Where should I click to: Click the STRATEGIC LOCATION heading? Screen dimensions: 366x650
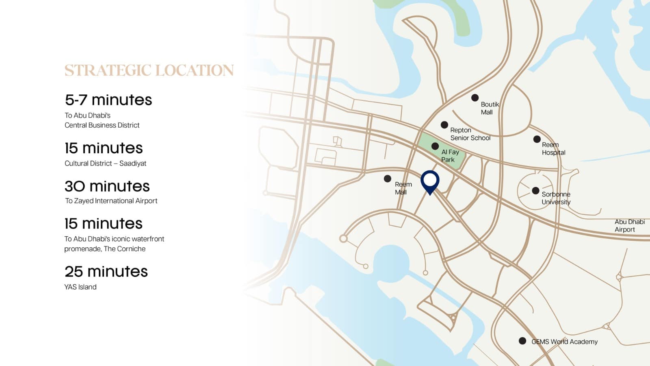[x=149, y=70]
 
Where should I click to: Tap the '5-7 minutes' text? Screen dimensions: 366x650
[x=108, y=100]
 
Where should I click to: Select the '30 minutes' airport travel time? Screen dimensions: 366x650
[x=107, y=186]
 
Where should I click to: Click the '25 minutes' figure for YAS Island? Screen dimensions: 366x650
[x=106, y=272]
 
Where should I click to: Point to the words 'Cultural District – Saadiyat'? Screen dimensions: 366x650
[x=105, y=163]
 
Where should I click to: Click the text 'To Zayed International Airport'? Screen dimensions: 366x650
[x=111, y=201]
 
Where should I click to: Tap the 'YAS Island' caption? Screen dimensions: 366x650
[x=80, y=287]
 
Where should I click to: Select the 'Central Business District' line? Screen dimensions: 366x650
[x=102, y=125]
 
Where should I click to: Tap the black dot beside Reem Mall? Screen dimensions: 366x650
[x=388, y=179]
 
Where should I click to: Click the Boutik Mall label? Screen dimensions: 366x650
[x=490, y=108]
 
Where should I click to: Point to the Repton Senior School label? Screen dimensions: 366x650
[x=470, y=134]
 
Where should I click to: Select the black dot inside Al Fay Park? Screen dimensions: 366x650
[x=435, y=146]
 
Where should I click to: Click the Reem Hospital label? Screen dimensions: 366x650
[x=553, y=149]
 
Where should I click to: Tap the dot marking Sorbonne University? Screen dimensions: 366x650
[x=535, y=190]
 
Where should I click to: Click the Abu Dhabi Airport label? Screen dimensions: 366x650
[x=629, y=226]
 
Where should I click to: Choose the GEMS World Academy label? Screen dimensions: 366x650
[x=564, y=342]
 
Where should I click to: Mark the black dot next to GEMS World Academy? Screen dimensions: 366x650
[x=522, y=341]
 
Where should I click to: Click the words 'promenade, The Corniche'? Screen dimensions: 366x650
[x=105, y=249]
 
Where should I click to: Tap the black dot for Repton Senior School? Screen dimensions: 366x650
[x=444, y=125]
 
